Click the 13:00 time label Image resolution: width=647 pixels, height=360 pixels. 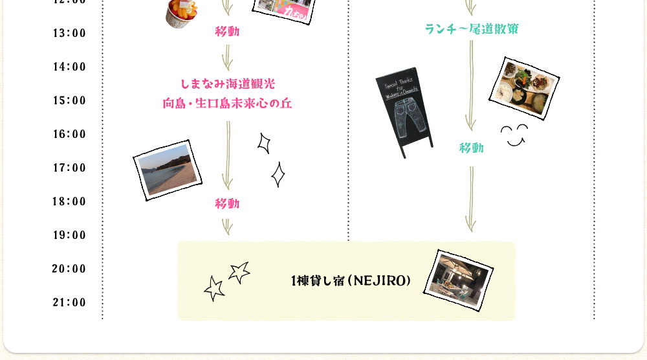point(69,34)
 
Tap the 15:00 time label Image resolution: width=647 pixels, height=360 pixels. point(69,101)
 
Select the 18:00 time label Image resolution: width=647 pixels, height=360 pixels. point(69,202)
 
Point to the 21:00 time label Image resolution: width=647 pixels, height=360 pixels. point(69,303)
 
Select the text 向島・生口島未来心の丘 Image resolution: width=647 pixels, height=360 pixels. point(228,103)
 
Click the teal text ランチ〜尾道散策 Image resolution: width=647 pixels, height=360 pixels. point(472,28)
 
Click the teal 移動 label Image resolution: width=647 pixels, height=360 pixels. point(472,148)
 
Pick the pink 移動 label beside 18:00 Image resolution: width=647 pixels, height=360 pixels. point(227,204)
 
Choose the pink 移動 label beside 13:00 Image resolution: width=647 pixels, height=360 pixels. point(227,32)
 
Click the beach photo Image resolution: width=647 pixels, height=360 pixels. point(167,170)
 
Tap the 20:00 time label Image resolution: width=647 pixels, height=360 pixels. point(69,269)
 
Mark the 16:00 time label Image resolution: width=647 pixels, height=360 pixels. point(69,135)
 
